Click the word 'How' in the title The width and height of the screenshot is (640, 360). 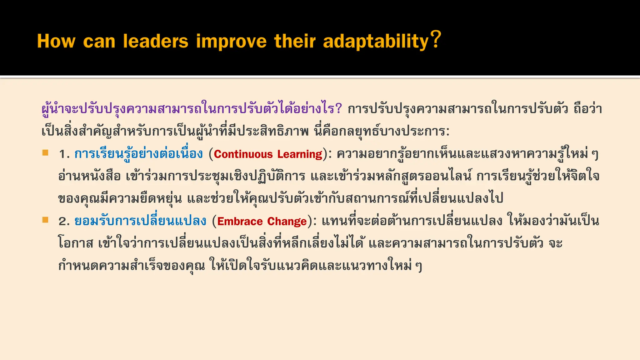56,41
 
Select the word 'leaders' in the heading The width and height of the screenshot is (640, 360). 156,41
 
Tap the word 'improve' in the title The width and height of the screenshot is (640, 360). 231,42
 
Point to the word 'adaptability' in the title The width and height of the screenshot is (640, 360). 376,42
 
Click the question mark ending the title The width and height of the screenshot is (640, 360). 436,39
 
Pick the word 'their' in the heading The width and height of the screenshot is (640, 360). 295,41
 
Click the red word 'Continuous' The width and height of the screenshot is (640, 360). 243,154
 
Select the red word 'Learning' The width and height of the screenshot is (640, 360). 300,154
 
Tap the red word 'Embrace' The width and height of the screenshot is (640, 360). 240,222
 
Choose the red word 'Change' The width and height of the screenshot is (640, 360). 287,222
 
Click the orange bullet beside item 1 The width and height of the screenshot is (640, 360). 46,153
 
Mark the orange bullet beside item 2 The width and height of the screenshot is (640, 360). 46,220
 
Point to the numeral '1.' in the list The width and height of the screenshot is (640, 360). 64,154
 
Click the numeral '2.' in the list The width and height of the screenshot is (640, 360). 64,222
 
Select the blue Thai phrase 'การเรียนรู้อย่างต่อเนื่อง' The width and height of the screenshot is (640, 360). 138,154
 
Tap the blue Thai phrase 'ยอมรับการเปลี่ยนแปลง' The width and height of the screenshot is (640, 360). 140,221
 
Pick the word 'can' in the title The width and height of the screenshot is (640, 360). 99,42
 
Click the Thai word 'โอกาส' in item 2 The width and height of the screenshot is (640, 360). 76,243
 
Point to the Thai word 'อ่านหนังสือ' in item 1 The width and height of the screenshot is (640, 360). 89,176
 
